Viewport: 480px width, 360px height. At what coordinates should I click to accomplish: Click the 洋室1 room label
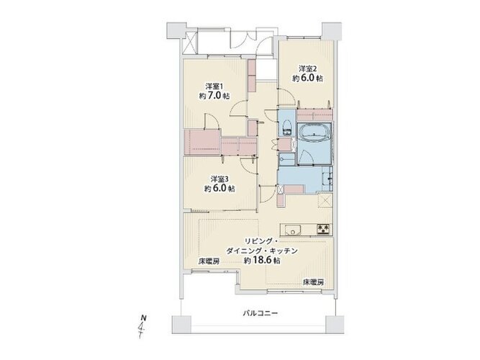pos(215,86)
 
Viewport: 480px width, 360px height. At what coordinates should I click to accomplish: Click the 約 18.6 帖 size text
pos(262,261)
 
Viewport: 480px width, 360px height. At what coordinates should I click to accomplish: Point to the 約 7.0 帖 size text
pos(214,96)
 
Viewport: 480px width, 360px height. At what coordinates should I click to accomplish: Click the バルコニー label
pos(261,313)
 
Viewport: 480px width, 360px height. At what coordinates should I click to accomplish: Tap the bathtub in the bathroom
pos(314,132)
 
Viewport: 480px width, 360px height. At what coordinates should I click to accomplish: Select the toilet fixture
pos(287,127)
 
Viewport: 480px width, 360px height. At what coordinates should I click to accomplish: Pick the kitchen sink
pos(293,230)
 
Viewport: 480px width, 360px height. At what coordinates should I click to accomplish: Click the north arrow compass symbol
pos(142,326)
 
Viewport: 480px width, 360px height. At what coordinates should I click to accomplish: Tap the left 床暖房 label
pos(209,261)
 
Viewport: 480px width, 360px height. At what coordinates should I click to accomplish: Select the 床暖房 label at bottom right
pos(313,282)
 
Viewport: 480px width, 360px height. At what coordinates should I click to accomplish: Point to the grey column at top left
pos(176,30)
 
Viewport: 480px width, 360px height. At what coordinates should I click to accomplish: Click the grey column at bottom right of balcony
pos(335,325)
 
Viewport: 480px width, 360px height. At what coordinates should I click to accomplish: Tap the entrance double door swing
pos(251,39)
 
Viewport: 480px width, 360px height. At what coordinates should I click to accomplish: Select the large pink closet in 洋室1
pos(202,142)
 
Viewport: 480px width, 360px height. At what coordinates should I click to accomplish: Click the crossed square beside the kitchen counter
pos(325,201)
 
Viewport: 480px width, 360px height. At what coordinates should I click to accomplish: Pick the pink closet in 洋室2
pos(315,114)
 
